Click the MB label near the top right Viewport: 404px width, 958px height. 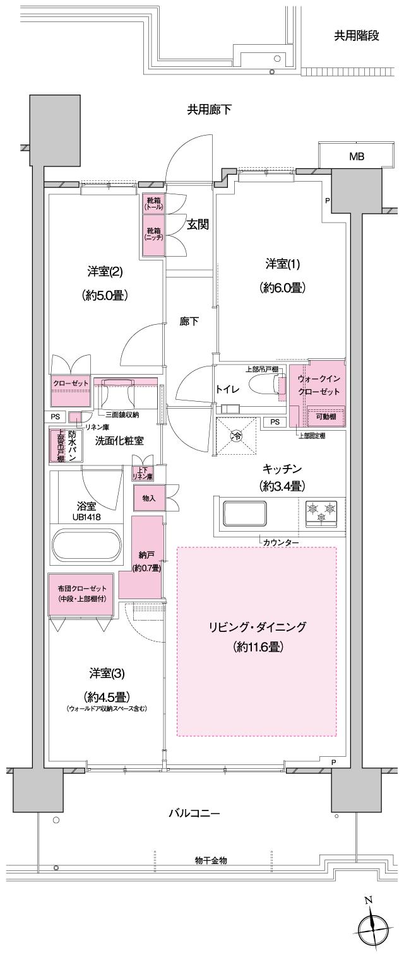(x=356, y=156)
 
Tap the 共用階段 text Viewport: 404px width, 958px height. (x=357, y=36)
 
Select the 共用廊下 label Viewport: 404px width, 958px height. (x=208, y=110)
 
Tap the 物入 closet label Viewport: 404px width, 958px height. (x=149, y=498)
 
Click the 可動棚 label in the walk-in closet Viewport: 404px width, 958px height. (x=326, y=416)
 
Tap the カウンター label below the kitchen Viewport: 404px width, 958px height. (x=282, y=542)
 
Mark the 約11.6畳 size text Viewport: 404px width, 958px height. (x=257, y=648)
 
